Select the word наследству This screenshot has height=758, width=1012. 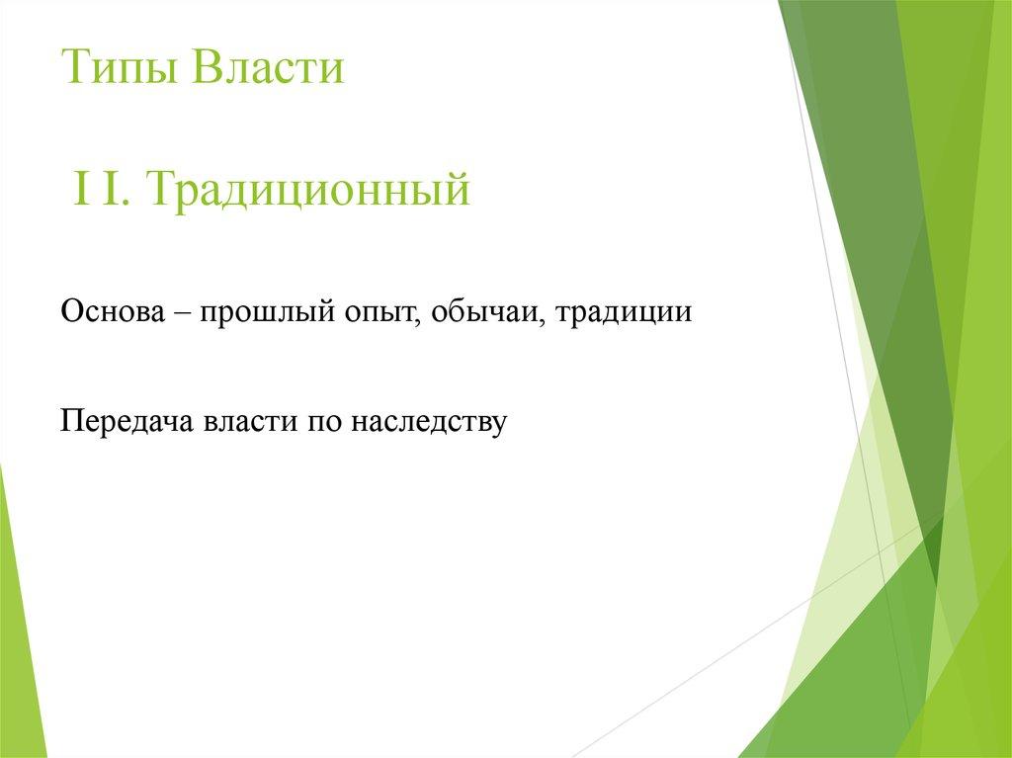430,422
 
